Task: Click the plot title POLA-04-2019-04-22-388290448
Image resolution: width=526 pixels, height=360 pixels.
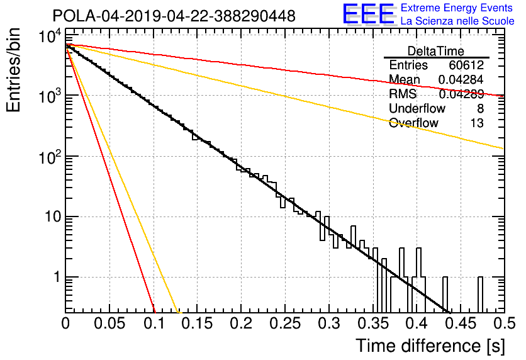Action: [174, 16]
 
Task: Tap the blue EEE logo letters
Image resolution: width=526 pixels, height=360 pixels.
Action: [368, 14]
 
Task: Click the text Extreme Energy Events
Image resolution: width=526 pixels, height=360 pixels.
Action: [457, 8]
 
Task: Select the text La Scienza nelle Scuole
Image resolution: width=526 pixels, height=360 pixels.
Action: [457, 21]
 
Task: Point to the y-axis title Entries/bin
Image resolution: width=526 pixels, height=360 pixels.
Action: [14, 70]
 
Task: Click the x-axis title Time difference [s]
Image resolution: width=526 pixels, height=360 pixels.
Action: [430, 346]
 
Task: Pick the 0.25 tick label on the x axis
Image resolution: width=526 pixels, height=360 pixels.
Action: [285, 323]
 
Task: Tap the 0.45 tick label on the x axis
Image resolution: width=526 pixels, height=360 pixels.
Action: [461, 323]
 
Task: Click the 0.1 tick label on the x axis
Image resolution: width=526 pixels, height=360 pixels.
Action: [155, 323]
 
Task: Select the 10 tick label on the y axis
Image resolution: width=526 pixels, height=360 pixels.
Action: [53, 217]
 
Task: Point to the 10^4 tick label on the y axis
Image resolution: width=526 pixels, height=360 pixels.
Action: [50, 37]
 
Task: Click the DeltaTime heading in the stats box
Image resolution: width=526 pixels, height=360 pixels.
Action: [436, 51]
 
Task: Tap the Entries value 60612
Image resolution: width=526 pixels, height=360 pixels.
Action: [466, 65]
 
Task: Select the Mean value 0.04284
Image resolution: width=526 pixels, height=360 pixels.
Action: [461, 79]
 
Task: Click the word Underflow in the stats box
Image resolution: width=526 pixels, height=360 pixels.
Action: [417, 108]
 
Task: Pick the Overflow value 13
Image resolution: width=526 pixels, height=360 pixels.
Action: [477, 123]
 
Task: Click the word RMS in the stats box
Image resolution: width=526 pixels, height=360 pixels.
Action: [403, 94]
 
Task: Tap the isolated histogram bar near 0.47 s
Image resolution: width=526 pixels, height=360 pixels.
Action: [480, 295]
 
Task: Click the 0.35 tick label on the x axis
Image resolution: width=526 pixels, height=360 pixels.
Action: [373, 323]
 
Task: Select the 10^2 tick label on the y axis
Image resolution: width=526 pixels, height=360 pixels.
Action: [50, 157]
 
